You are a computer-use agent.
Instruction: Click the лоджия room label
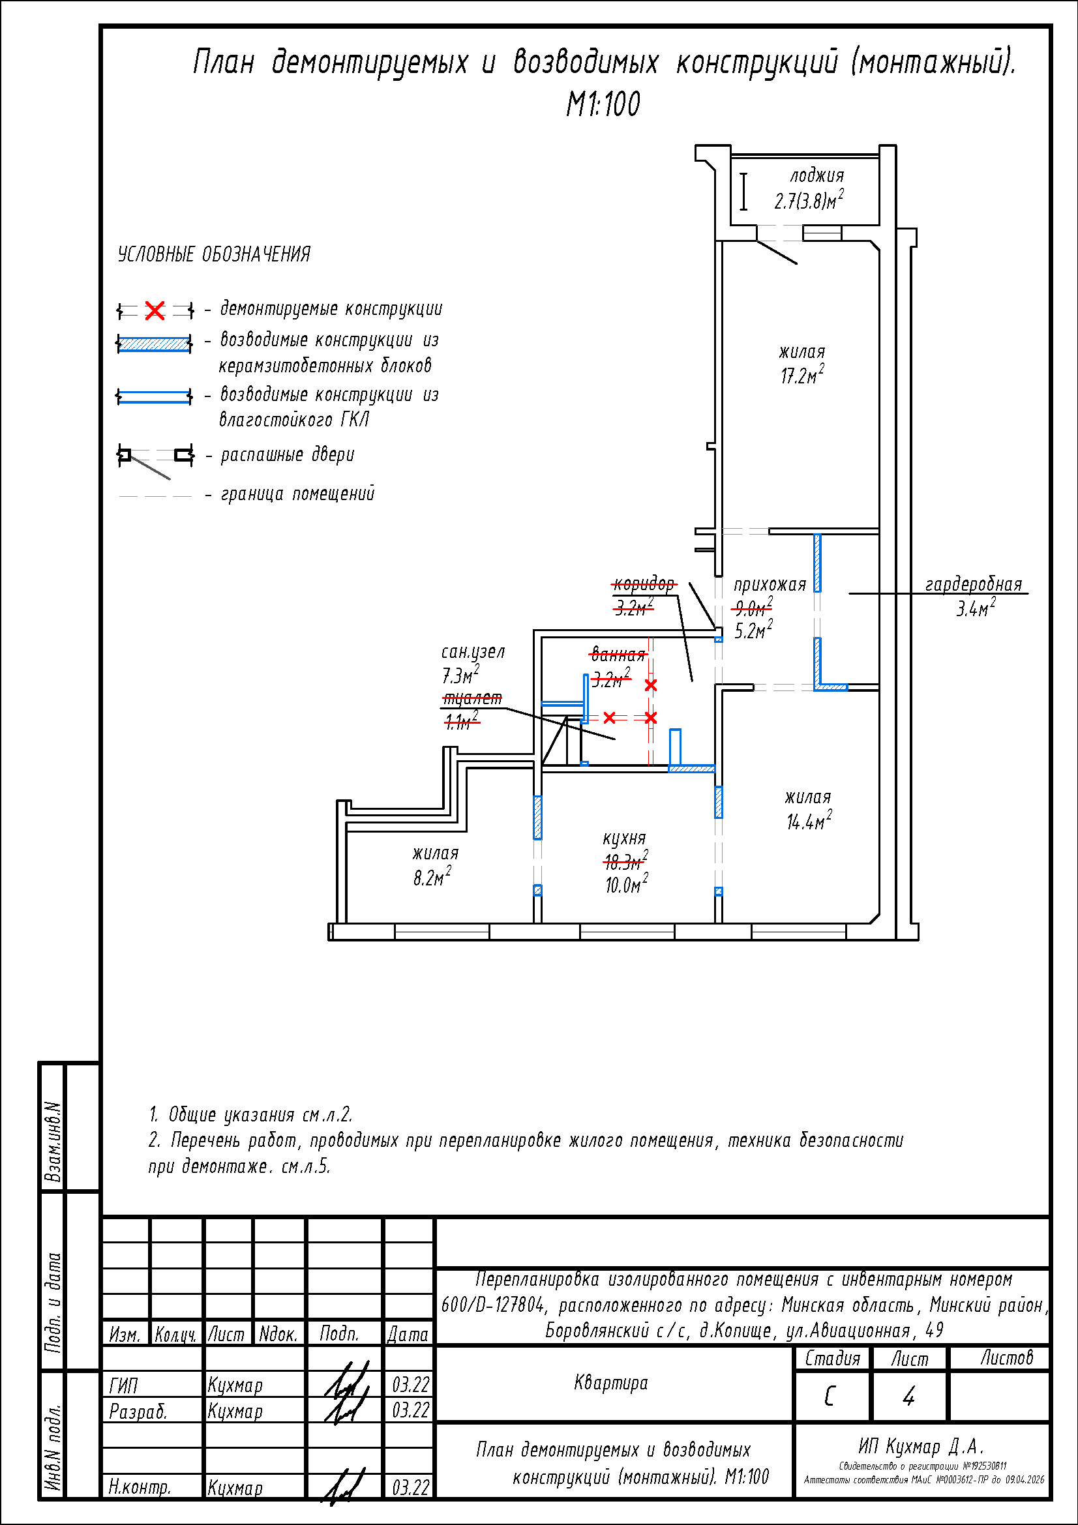point(816,176)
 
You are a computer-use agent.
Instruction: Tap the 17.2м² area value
point(801,376)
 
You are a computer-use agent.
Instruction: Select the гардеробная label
point(973,584)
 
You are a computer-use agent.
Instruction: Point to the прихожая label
point(769,584)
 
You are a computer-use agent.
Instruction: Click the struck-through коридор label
point(643,584)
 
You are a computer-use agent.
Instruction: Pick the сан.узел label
point(473,651)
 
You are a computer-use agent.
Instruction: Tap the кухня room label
point(623,838)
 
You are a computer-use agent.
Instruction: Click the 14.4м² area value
point(808,822)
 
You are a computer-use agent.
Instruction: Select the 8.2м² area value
point(432,877)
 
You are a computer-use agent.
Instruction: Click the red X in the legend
point(155,310)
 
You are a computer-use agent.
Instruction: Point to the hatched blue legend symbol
point(154,344)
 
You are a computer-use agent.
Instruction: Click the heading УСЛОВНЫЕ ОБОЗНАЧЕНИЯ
point(214,254)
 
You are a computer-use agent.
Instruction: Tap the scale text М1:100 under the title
point(603,104)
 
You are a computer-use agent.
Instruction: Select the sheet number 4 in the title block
point(908,1396)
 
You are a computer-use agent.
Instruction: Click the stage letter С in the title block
point(830,1396)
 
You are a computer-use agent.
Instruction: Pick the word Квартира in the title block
point(610,1383)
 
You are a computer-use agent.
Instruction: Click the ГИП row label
point(123,1385)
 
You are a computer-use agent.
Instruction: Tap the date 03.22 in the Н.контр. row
point(410,1488)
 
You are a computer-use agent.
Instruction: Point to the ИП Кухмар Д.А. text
point(921,1447)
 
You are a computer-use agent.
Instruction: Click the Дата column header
point(408,1334)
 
